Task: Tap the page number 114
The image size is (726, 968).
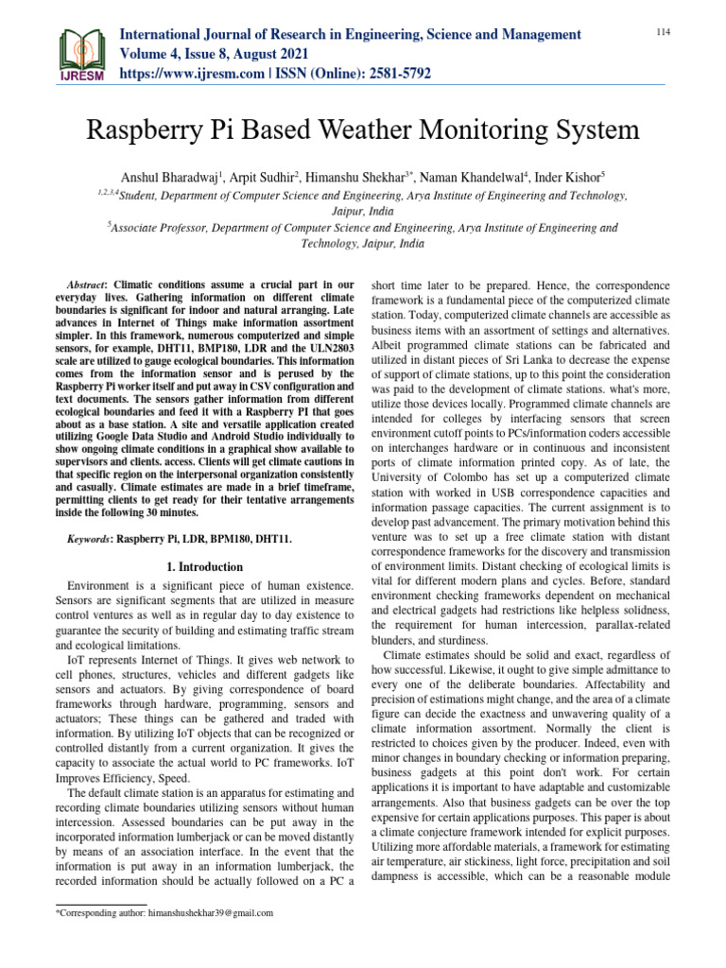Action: (x=663, y=33)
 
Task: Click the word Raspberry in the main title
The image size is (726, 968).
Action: (x=146, y=130)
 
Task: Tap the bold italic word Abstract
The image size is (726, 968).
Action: (x=89, y=285)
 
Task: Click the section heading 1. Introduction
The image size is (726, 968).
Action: (x=204, y=567)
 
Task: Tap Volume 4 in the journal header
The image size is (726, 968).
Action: (x=152, y=53)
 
